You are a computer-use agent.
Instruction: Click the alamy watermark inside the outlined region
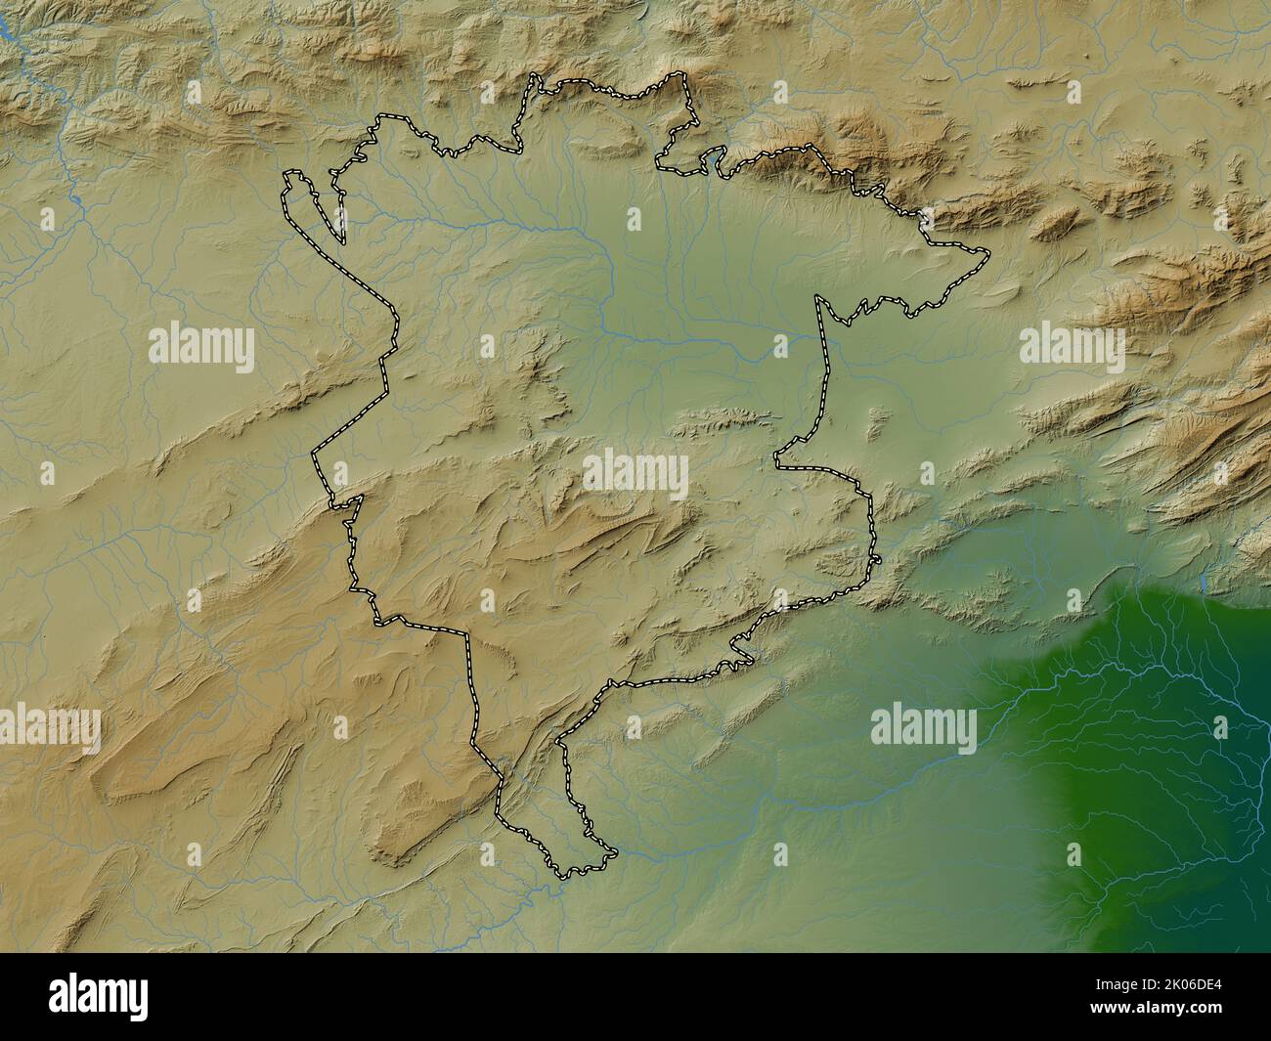[635, 473]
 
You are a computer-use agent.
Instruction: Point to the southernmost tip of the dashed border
[562, 876]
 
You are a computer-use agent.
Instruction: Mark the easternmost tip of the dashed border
[987, 256]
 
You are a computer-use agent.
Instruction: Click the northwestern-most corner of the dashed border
[285, 174]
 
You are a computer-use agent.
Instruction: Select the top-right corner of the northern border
[684, 75]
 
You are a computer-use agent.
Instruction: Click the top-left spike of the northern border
[534, 74]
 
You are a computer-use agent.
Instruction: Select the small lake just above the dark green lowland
[1202, 584]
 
